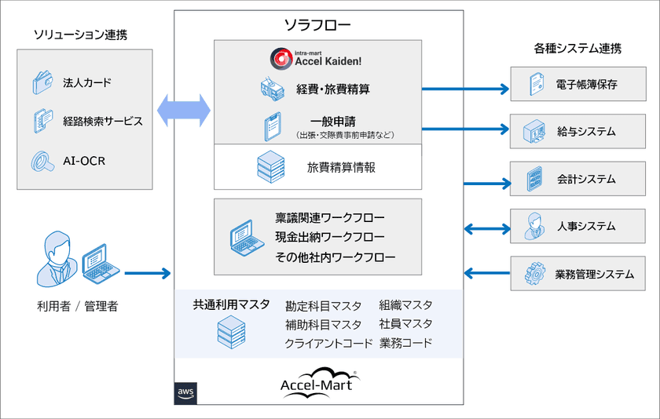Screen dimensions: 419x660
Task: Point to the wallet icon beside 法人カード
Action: pos(42,83)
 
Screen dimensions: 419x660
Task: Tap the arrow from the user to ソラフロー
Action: pos(147,273)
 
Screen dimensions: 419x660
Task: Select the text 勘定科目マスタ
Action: pos(324,305)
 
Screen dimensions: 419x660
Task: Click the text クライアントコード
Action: pos(328,344)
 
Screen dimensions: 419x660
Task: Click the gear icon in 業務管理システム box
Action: pos(534,275)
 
